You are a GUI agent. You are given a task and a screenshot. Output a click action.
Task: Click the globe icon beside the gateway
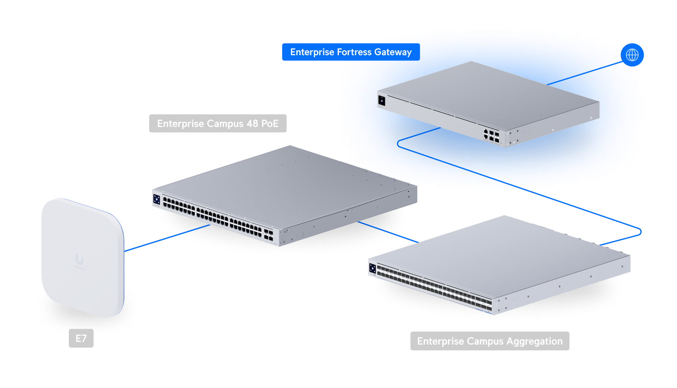click(632, 55)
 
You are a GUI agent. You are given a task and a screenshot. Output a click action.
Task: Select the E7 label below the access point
click(81, 338)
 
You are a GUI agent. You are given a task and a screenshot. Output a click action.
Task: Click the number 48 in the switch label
click(252, 124)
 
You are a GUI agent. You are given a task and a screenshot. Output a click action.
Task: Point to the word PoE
click(270, 124)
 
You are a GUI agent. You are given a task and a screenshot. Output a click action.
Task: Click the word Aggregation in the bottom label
click(534, 341)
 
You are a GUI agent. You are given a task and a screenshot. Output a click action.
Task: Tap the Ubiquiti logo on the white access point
click(79, 259)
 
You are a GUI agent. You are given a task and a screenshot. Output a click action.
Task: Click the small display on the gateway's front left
click(381, 100)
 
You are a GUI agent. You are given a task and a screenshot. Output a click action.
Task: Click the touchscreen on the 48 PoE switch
click(156, 199)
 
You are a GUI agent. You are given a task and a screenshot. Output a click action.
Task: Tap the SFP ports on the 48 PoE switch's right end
click(268, 234)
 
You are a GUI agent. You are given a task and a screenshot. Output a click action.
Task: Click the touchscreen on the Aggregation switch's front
click(372, 269)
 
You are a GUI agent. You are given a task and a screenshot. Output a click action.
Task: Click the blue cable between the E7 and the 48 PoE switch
click(167, 238)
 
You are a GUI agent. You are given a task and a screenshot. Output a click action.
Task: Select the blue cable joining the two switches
click(388, 232)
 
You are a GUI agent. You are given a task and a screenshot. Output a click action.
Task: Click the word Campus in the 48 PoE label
click(225, 124)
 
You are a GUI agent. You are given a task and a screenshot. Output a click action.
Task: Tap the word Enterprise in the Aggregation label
click(440, 341)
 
